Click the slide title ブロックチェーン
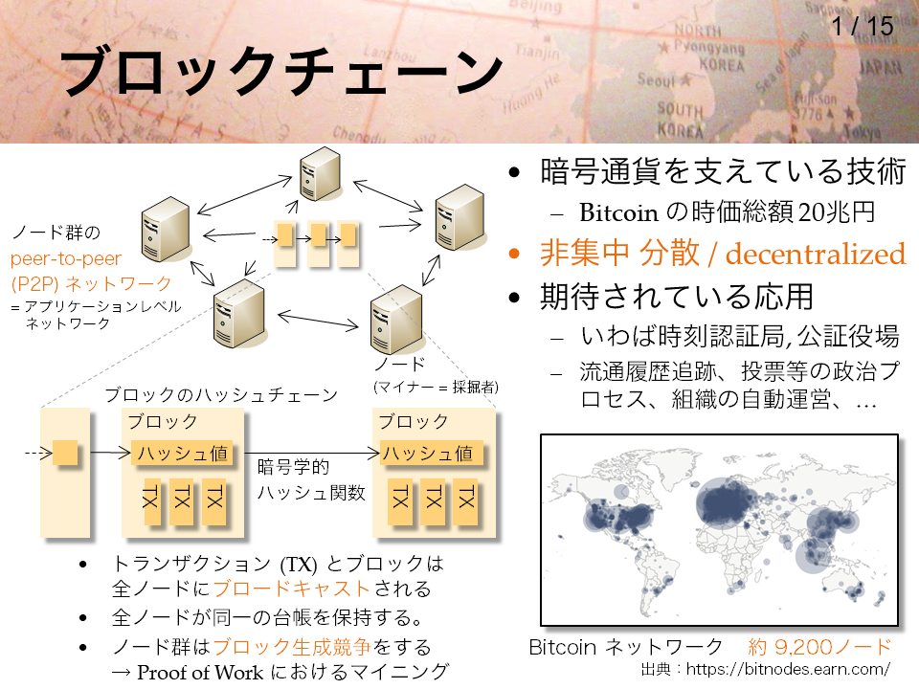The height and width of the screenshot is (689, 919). click(281, 72)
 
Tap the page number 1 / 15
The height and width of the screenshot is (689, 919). click(863, 27)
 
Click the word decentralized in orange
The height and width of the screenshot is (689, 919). click(816, 254)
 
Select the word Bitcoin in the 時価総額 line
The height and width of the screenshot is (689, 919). click(619, 212)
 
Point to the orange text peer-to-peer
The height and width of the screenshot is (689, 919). click(66, 258)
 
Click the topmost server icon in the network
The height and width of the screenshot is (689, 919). click(320, 174)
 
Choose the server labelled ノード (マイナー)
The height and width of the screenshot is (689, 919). click(396, 320)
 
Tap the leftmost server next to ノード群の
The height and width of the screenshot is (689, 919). click(166, 229)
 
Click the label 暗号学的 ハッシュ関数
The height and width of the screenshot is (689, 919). click(310, 479)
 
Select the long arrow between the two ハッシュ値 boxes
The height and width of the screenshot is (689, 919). click(312, 453)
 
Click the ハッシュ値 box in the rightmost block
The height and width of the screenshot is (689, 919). click(432, 453)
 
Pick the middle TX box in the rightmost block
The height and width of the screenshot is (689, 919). click(434, 500)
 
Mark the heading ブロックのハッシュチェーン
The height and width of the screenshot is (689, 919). click(221, 395)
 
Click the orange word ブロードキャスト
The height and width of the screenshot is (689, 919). click(291, 589)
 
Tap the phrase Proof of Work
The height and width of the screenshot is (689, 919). click(200, 672)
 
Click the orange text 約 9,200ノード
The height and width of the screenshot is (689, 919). click(819, 647)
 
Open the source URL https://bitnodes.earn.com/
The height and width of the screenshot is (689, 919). click(788, 669)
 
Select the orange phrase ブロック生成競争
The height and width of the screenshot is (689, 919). click(291, 647)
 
